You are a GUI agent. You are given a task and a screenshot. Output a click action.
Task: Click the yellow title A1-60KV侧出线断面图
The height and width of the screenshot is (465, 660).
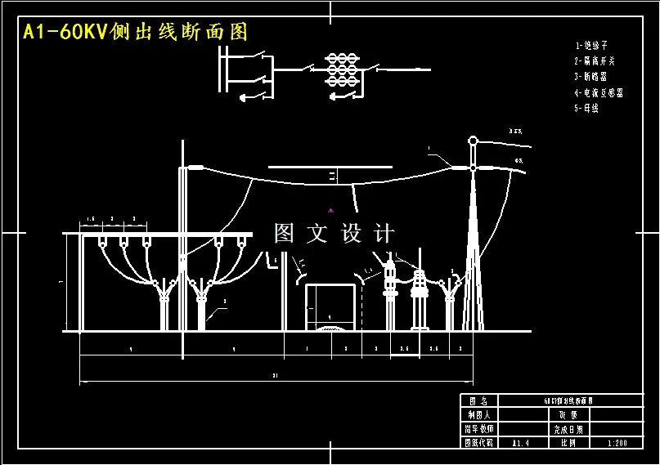pyautogui.click(x=135, y=33)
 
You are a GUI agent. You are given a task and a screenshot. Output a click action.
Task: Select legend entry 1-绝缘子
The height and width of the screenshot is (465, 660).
pyautogui.click(x=591, y=47)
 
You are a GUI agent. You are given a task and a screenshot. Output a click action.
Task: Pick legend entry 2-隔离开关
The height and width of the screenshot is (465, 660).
pyautogui.click(x=595, y=61)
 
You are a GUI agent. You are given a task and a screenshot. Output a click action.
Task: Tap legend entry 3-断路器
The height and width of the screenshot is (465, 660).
pyautogui.click(x=591, y=77)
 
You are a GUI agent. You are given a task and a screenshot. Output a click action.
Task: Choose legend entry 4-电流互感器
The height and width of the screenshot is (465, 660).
pyautogui.click(x=599, y=93)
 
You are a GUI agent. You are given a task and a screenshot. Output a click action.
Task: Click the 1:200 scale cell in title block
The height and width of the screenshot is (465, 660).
pyautogui.click(x=617, y=442)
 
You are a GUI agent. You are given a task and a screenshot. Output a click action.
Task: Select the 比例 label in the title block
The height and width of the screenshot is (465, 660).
pyautogui.click(x=568, y=442)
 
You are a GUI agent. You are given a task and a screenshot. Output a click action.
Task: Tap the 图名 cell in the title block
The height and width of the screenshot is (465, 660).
pyautogui.click(x=478, y=401)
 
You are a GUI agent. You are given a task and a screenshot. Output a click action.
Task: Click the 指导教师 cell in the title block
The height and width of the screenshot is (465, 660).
pyautogui.click(x=478, y=428)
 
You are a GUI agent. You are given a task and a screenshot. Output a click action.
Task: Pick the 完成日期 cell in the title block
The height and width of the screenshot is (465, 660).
pyautogui.click(x=568, y=428)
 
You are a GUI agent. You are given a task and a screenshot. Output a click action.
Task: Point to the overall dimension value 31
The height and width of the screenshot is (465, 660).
pyautogui.click(x=275, y=376)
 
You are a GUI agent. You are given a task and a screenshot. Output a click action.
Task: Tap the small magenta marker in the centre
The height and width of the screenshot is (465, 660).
pyautogui.click(x=331, y=210)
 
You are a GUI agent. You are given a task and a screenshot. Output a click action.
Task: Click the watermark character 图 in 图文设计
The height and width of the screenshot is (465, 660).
pyautogui.click(x=284, y=234)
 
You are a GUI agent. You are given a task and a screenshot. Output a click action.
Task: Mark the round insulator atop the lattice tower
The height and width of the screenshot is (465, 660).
pyautogui.click(x=473, y=141)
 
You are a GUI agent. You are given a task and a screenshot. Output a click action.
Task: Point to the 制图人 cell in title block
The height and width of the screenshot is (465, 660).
pyautogui.click(x=478, y=414)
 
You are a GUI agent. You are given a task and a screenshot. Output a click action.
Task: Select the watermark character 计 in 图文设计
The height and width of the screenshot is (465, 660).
pyautogui.click(x=383, y=234)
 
